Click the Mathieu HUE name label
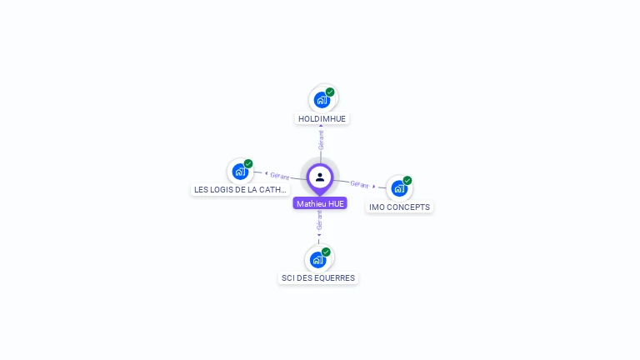(320, 203)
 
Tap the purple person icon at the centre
(320, 177)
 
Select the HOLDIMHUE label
(322, 119)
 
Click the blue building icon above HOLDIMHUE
(321, 100)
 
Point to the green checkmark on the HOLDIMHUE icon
(330, 92)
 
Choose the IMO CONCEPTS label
(400, 207)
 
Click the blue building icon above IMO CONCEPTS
(398, 188)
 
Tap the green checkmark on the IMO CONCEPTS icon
(407, 180)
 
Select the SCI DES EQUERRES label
(318, 277)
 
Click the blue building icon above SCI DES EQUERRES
(317, 259)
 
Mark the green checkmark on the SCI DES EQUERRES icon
(326, 252)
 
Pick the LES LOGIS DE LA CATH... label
(240, 190)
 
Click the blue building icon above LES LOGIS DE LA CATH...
(240, 172)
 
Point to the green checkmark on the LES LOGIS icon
(248, 163)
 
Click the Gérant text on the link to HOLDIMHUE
(321, 139)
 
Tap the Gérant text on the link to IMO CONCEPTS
(359, 184)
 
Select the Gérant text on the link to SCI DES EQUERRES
(319, 221)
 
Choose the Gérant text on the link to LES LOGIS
(279, 175)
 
